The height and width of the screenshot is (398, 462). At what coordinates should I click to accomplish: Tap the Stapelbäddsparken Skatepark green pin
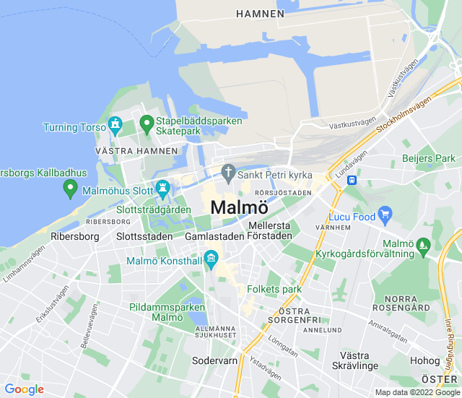point(146,124)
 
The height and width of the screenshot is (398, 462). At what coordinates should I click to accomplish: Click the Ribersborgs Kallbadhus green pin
point(70,189)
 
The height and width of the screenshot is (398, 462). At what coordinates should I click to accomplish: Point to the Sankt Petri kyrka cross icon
point(228,173)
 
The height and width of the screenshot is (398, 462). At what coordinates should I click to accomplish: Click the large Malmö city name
point(240,207)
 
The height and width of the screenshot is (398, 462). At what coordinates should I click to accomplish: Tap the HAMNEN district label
point(261,14)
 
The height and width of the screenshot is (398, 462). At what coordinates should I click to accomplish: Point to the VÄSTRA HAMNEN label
point(136,151)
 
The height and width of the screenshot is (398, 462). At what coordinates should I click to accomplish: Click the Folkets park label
point(274,289)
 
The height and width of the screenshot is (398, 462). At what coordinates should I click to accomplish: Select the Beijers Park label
point(429,158)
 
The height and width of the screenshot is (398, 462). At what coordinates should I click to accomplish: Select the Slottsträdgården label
point(153,209)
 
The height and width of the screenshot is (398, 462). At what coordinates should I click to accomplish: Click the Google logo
point(24,389)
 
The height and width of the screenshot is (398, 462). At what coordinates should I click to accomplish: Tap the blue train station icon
point(352,180)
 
